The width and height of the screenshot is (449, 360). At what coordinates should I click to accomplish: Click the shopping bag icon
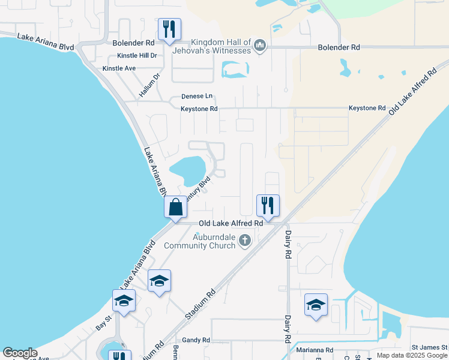(176, 208)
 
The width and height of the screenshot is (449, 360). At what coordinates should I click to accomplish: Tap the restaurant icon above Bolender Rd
(169, 29)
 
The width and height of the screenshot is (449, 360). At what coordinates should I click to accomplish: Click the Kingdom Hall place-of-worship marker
(260, 46)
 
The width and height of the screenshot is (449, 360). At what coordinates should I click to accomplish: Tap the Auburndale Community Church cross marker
(244, 241)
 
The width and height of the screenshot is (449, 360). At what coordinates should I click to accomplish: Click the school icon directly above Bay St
(124, 301)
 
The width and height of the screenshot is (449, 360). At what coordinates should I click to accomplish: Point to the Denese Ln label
(197, 96)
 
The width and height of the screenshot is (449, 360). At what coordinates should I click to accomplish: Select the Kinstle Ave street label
(119, 68)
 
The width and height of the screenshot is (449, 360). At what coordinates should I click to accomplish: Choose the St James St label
(429, 347)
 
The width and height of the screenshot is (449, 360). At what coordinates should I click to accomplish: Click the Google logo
(20, 353)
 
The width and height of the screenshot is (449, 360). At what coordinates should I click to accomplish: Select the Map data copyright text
(412, 355)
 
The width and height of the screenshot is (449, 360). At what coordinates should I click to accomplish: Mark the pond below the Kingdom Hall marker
(235, 70)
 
